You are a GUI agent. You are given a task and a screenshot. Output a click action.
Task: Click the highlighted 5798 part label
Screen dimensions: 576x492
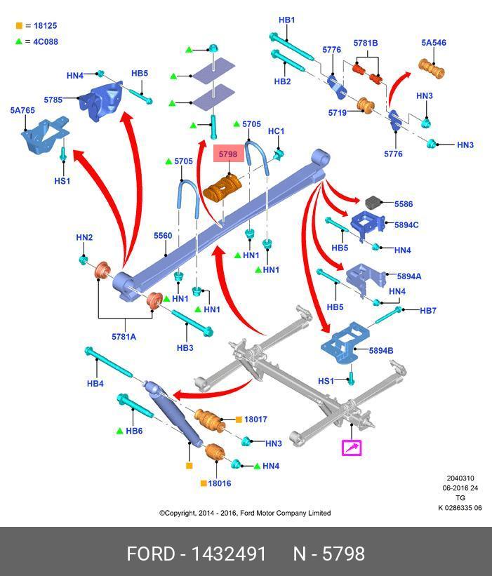click(227, 154)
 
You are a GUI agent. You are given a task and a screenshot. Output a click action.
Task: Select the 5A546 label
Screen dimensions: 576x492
click(434, 43)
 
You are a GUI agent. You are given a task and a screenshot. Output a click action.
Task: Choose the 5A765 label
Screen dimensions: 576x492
click(22, 110)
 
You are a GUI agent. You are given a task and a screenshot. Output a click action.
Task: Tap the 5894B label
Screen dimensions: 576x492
click(381, 351)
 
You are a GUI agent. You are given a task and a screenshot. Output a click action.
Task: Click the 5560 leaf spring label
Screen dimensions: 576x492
click(163, 236)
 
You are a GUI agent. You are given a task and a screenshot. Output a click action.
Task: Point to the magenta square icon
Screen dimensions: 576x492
click(351, 447)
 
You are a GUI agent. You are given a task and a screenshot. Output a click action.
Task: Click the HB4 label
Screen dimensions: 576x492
click(95, 384)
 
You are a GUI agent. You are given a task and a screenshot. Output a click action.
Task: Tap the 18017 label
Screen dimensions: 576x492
click(255, 420)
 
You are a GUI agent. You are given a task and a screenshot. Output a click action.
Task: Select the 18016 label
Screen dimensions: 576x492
click(220, 483)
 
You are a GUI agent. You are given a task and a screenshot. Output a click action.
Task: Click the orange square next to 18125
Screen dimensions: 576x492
click(20, 26)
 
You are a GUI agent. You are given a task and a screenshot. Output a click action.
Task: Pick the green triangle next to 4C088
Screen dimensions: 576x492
click(20, 41)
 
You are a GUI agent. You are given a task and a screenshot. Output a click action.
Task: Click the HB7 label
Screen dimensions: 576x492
click(428, 311)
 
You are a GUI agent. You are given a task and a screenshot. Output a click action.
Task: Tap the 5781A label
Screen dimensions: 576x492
click(124, 337)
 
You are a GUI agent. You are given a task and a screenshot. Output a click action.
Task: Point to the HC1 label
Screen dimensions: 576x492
click(277, 131)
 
